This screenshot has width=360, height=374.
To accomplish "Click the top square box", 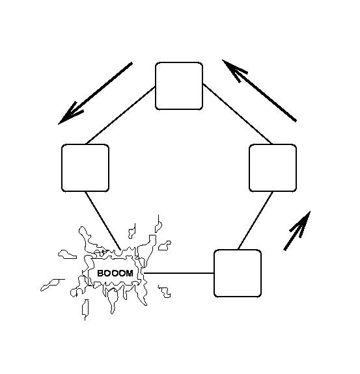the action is pyautogui.click(x=179, y=86).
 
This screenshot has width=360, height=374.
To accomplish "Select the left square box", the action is pyautogui.click(x=85, y=168).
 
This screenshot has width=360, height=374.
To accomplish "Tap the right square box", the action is pyautogui.click(x=273, y=168).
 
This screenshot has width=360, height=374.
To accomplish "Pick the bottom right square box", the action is pyautogui.click(x=238, y=273).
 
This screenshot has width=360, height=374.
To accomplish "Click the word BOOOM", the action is pyautogui.click(x=115, y=273).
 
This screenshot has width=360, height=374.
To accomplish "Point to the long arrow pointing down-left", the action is pyautogui.click(x=95, y=94).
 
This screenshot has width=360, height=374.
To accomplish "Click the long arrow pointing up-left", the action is pyautogui.click(x=259, y=90).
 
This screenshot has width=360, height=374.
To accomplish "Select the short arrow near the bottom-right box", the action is pyautogui.click(x=298, y=231).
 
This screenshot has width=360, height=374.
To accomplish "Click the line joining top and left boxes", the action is pyautogui.click(x=121, y=116).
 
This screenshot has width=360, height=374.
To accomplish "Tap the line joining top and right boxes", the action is pyautogui.click(x=238, y=114).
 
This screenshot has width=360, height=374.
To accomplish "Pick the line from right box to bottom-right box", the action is pyautogui.click(x=255, y=220).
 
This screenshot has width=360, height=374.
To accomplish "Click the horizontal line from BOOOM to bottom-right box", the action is pyautogui.click(x=179, y=273).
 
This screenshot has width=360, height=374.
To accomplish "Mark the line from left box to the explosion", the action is pyautogui.click(x=103, y=220).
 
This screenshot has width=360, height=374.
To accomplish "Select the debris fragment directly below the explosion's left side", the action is pyautogui.click(x=85, y=310).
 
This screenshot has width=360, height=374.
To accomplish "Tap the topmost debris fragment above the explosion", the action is pyautogui.click(x=158, y=224).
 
